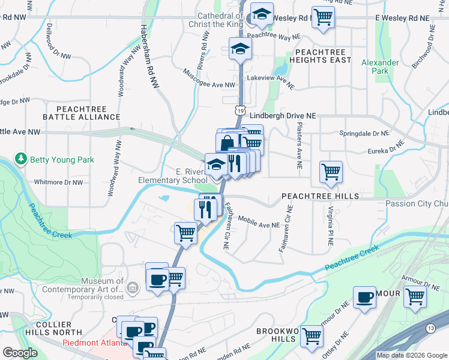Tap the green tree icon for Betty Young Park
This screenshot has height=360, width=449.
point(22,159)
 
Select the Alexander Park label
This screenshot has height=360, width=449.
point(379,67)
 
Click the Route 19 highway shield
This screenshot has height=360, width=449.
point(240,110)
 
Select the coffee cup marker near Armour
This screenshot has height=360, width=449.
point(364,297)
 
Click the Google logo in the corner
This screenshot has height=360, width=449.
point(20,353)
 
